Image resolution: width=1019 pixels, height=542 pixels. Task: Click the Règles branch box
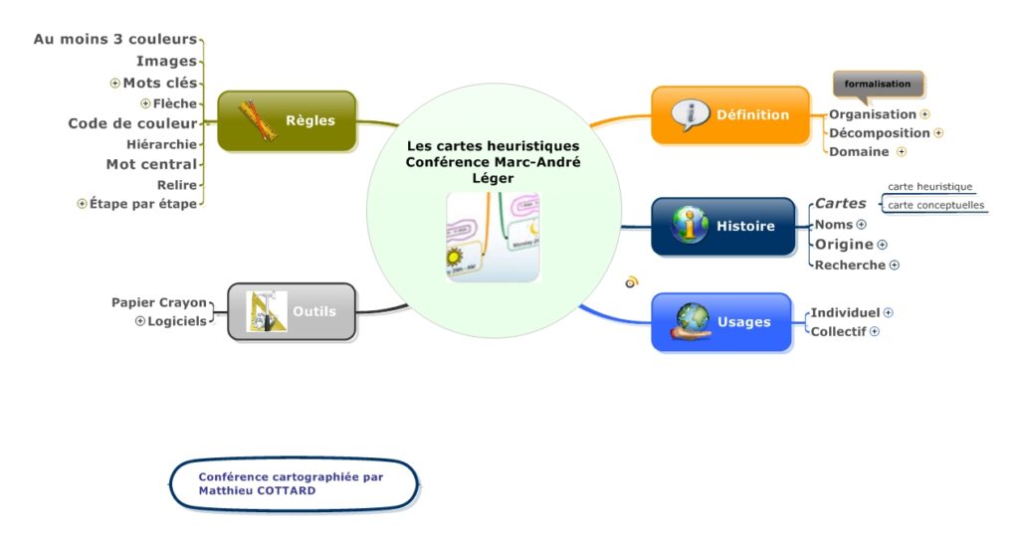point(287,121)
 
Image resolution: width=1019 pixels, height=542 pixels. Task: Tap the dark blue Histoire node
point(723,226)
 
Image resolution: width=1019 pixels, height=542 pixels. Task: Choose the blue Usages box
point(721,321)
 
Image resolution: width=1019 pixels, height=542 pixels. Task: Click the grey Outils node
point(292,311)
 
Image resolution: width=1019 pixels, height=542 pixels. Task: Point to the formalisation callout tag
point(878,85)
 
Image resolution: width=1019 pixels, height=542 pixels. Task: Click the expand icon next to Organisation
point(924,114)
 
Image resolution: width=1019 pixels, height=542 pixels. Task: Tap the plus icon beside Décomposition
point(938,132)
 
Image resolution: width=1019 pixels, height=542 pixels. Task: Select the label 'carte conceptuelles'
point(935,206)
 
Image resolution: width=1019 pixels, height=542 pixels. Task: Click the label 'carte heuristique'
point(929,186)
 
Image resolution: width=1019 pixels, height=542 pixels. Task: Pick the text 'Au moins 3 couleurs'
point(115,40)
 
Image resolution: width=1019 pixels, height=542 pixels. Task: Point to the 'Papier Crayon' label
point(159,302)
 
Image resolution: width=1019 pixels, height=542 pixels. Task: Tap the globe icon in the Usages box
point(692,320)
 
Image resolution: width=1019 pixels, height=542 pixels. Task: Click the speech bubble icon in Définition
point(689,115)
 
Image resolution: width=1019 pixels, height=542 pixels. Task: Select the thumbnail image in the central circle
point(493,237)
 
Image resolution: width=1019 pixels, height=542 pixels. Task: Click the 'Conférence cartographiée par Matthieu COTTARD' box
point(295,483)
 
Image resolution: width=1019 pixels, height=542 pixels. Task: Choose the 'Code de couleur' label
point(132,123)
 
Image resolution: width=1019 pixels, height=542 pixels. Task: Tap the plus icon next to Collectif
point(875,331)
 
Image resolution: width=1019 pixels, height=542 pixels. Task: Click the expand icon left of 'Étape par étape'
point(82,203)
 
